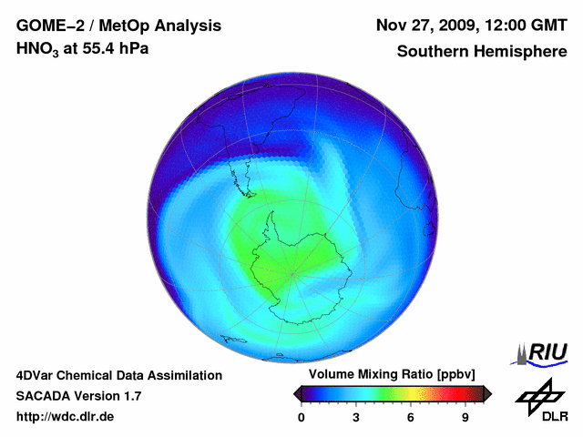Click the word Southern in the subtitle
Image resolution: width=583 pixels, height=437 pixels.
[x=434, y=52]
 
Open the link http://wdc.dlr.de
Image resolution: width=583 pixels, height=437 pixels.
[x=66, y=417]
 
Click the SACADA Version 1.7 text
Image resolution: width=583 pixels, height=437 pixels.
[x=78, y=396]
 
